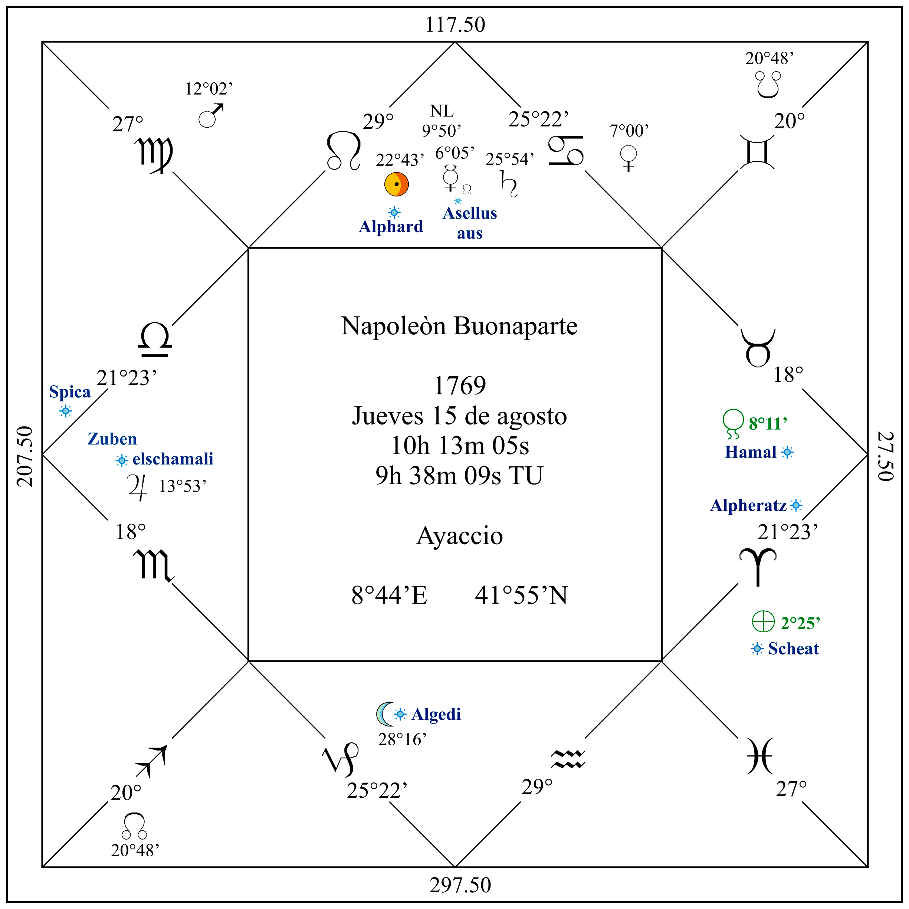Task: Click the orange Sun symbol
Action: [396, 184]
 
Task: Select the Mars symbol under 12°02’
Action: [210, 116]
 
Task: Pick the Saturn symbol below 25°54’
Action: [509, 184]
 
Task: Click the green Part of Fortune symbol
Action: [763, 621]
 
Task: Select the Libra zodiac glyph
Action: [155, 339]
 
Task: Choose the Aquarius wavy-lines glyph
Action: [568, 758]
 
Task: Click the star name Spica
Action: [70, 392]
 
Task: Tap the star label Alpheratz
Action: [748, 505]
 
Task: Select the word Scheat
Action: [793, 649]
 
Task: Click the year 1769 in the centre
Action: [460, 386]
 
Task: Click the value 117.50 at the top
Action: [455, 24]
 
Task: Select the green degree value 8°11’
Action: [768, 423]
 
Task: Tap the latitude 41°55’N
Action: [521, 595]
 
